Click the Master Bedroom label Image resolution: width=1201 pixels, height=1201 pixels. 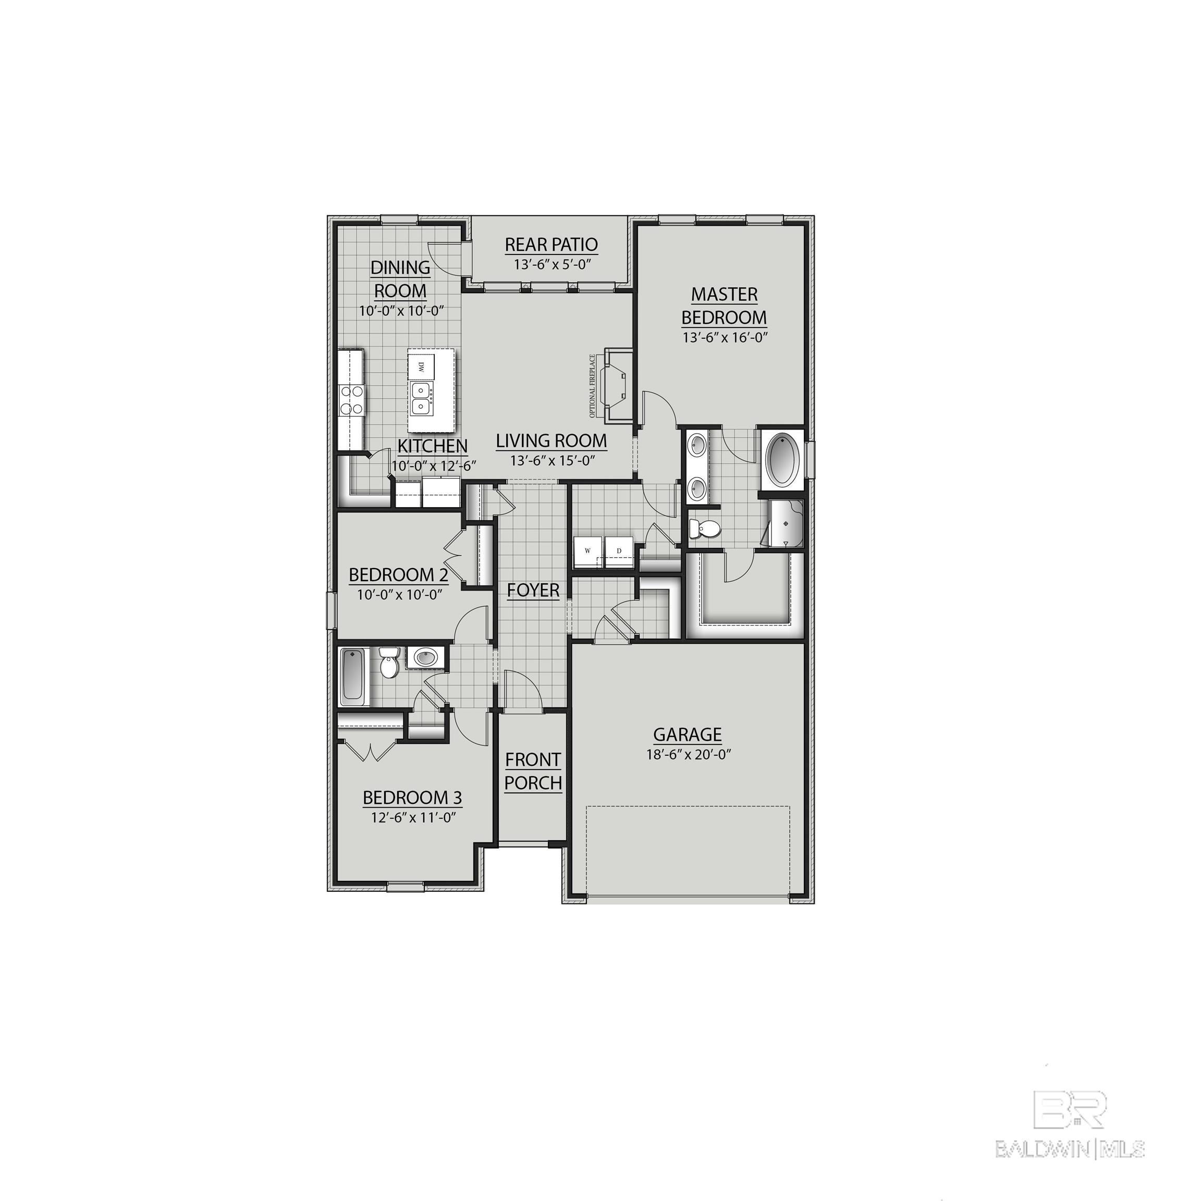[724, 305]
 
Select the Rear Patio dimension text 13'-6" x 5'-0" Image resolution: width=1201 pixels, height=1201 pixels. [552, 264]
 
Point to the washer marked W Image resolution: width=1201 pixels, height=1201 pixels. [586, 552]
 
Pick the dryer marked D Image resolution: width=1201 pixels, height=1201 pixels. [619, 552]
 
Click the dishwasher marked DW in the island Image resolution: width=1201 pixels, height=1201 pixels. [421, 367]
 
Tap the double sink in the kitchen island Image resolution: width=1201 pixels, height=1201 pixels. [422, 398]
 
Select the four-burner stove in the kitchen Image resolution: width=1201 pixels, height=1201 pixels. [351, 400]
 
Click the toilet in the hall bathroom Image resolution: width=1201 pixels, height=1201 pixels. [389, 663]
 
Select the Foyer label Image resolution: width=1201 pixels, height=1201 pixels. [533, 590]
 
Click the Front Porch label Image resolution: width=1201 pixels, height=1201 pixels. [533, 771]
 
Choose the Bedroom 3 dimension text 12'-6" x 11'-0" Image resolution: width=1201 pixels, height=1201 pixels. [413, 817]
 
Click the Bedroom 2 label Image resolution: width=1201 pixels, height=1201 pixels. [398, 574]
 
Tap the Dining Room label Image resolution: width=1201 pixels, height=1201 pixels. [400, 278]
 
